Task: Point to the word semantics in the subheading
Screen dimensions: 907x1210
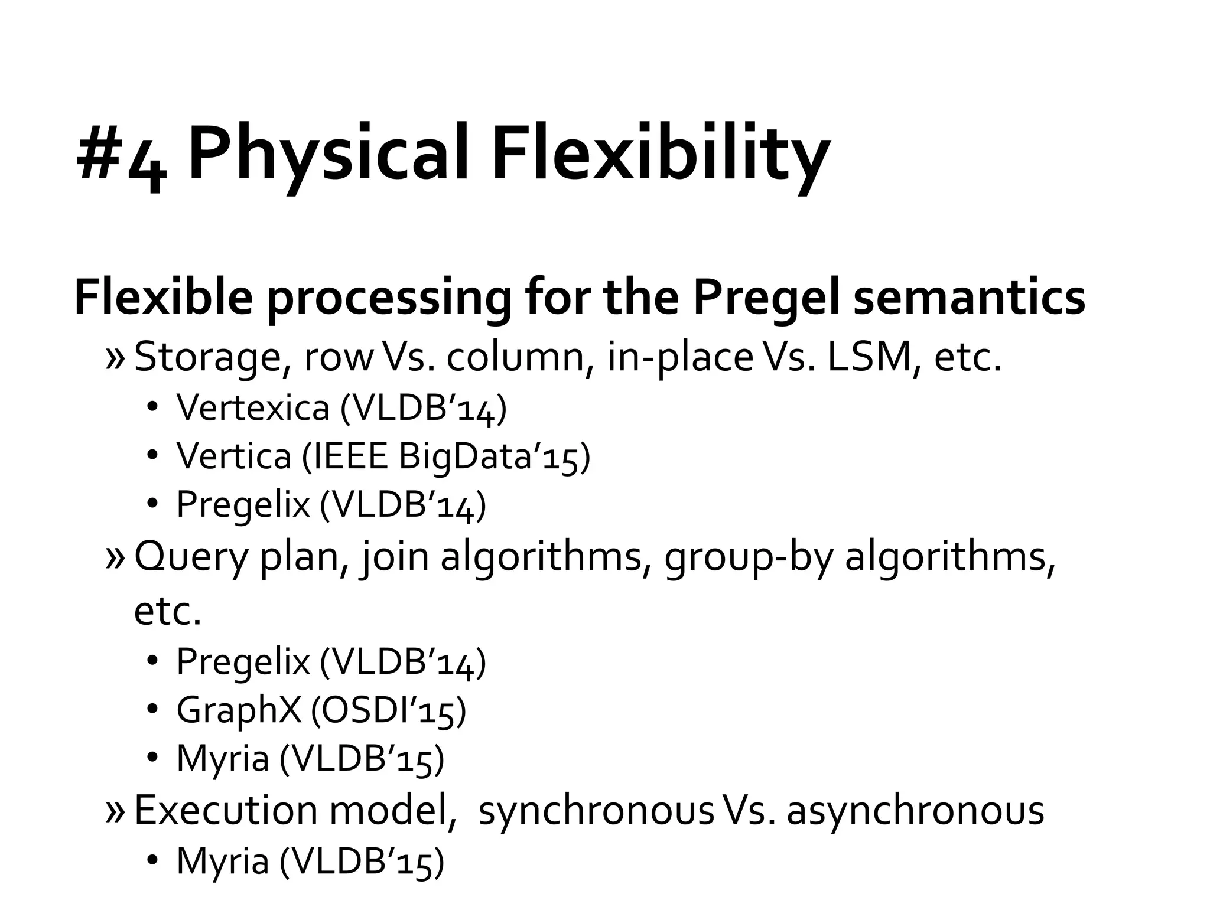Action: pyautogui.click(x=969, y=298)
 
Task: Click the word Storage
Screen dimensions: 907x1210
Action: pyautogui.click(x=211, y=358)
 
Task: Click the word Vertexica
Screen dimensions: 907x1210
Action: pyautogui.click(x=252, y=407)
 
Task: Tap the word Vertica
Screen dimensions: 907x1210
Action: pyautogui.click(x=234, y=456)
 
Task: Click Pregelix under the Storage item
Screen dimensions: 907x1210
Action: pyautogui.click(x=243, y=505)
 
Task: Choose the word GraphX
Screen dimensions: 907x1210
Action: pyautogui.click(x=239, y=710)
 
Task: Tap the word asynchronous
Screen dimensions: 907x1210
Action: pyautogui.click(x=915, y=810)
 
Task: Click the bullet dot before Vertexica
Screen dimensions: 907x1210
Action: pyautogui.click(x=152, y=407)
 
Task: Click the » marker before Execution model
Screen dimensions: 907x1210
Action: pyautogui.click(x=115, y=811)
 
